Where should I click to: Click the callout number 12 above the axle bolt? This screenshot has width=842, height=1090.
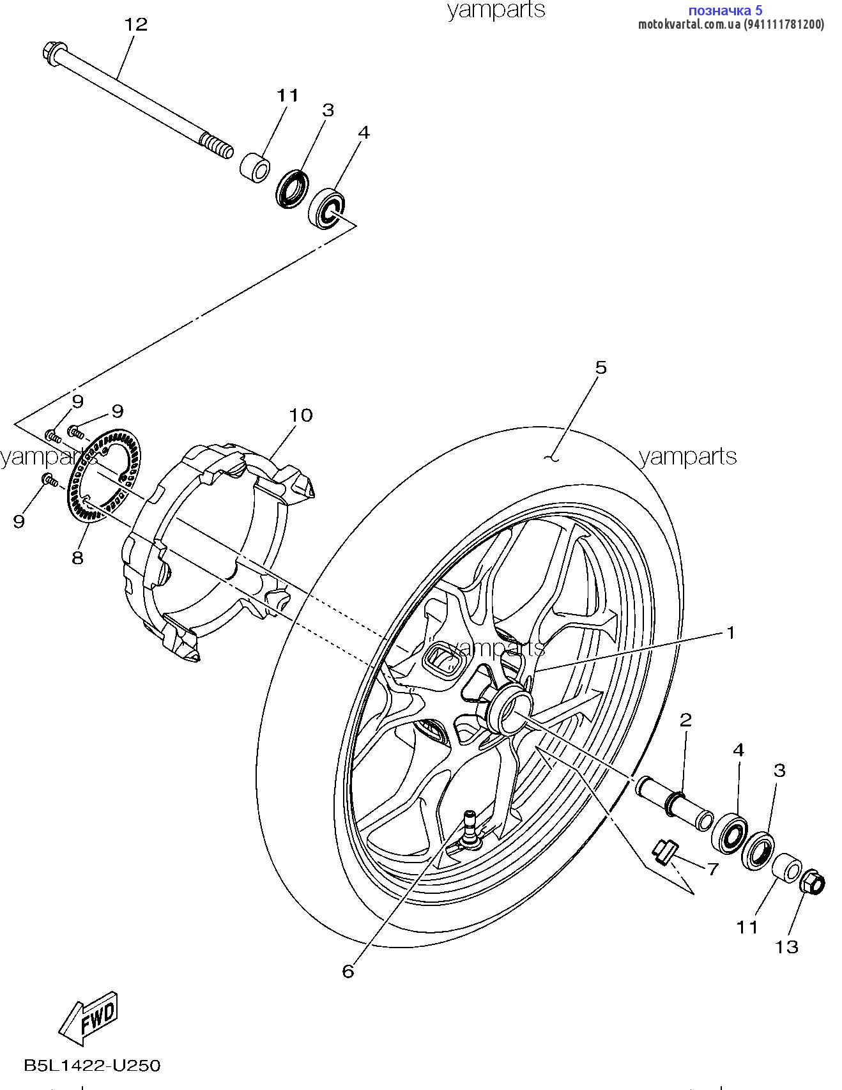135,25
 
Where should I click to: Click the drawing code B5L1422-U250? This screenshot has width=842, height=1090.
92,1065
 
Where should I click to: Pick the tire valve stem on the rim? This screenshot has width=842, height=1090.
471,827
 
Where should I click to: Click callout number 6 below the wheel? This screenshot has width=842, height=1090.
348,972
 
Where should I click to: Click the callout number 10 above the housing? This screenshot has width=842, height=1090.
300,415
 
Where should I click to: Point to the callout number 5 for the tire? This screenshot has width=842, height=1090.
601,367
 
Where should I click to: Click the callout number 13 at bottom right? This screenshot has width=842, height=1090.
787,947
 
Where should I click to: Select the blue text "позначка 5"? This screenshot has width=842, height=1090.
725,10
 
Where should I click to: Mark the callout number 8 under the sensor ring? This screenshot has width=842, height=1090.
77,558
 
